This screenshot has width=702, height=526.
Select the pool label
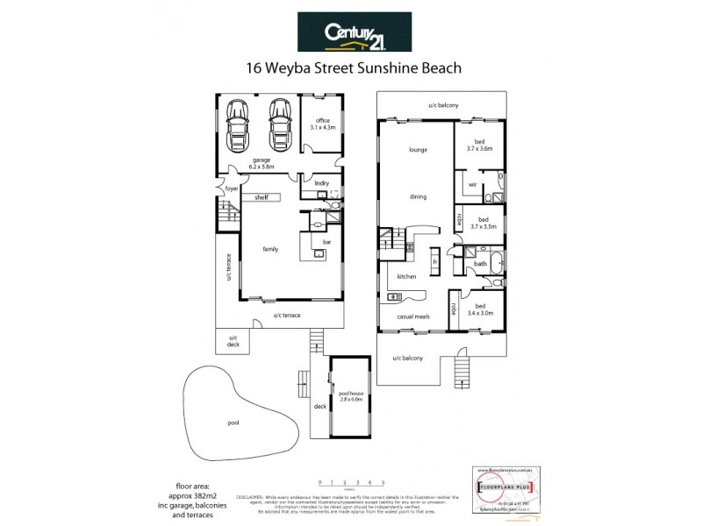pyautogui.click(x=233, y=423)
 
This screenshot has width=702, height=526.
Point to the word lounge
pyautogui.click(x=418, y=150)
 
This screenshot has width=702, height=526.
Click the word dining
pyautogui.click(x=418, y=196)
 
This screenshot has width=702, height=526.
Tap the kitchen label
pyautogui.click(x=406, y=277)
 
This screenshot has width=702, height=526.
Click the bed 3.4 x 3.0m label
pyautogui.click(x=480, y=309)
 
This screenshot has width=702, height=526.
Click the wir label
pyautogui.click(x=472, y=185)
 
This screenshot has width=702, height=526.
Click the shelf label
pyautogui.click(x=261, y=198)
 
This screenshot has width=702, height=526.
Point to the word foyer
pyautogui.click(x=232, y=188)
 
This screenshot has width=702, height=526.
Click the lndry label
pyautogui.click(x=309, y=182)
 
